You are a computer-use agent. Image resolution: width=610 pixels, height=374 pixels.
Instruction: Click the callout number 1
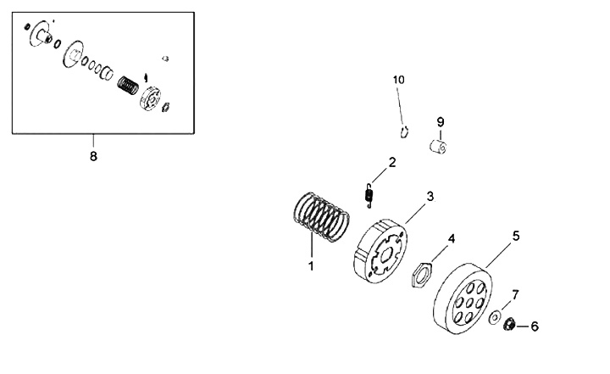(311, 265)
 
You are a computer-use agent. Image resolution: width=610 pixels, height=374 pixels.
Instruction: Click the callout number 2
(392, 162)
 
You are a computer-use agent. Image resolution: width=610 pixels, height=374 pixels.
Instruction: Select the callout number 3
(430, 196)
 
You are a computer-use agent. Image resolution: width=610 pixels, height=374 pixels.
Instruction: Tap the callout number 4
(452, 238)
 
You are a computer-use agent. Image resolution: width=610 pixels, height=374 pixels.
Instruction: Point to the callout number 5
(515, 235)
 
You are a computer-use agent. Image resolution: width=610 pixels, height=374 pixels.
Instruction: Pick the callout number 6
(534, 326)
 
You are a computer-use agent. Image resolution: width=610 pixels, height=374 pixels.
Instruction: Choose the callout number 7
(515, 294)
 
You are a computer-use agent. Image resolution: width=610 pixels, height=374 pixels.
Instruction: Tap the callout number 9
(441, 121)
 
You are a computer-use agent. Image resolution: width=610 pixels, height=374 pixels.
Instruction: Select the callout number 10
(399, 80)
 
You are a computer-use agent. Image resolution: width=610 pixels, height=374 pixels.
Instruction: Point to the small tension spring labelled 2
(369, 195)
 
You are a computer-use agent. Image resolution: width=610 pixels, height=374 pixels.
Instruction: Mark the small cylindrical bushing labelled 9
(438, 148)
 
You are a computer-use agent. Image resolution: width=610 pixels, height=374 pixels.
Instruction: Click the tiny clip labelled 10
(405, 131)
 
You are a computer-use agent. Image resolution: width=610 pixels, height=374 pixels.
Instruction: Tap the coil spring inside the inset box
(128, 87)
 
